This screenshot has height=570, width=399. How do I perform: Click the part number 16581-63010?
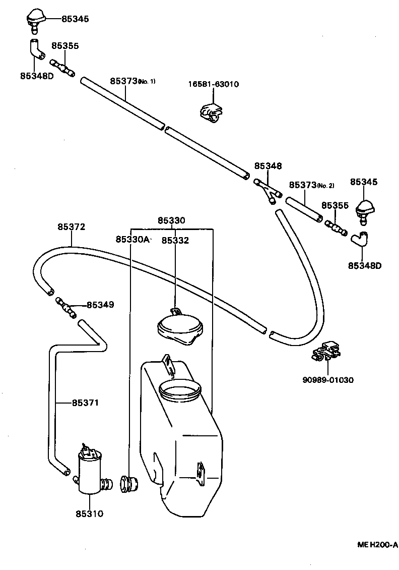(x=214, y=84)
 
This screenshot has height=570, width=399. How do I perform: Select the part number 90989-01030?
(x=327, y=379)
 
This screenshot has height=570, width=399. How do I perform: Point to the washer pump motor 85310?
(x=89, y=472)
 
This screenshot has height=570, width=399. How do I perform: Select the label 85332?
(x=175, y=241)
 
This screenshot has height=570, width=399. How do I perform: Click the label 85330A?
(x=132, y=239)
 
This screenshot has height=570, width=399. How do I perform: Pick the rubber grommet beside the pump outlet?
(x=128, y=484)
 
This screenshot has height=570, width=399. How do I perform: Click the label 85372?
(x=71, y=227)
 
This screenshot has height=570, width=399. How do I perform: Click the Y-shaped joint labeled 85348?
(x=268, y=191)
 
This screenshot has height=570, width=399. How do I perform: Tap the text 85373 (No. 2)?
(x=311, y=185)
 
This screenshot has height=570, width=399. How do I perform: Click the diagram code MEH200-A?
(x=377, y=545)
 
